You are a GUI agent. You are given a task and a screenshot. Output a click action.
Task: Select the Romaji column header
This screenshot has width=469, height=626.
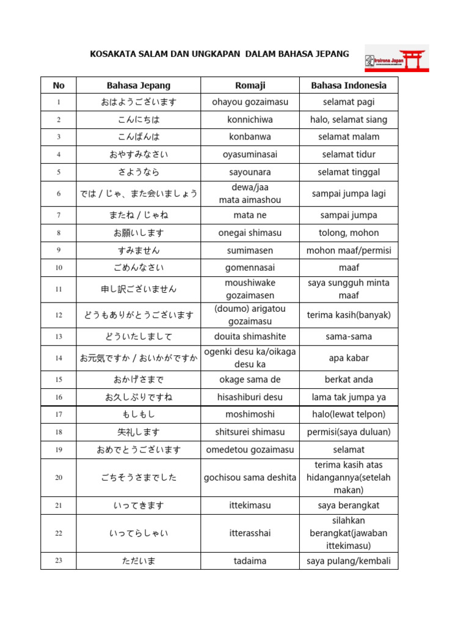point(250,85)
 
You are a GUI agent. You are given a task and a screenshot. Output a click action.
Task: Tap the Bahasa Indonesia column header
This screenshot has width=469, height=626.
point(349,85)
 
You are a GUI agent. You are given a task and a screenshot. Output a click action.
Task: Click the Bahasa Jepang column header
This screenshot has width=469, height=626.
point(139,85)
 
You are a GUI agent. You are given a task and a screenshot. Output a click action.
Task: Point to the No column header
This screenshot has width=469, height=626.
point(59,85)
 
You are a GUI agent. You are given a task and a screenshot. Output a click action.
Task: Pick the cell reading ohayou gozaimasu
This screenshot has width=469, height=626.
point(250,102)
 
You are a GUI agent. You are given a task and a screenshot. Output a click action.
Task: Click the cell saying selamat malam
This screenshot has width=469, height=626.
point(349,136)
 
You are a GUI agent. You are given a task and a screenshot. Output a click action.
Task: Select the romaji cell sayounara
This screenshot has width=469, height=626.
point(250,172)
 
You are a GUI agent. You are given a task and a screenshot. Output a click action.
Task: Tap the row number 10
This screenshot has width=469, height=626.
point(59,268)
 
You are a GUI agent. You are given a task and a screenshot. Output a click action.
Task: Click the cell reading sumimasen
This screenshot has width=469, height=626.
point(250,250)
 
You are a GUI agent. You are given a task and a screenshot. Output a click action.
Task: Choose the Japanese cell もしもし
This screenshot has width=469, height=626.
point(139,414)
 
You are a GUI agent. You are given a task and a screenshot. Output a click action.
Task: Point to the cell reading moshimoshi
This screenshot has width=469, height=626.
point(250,414)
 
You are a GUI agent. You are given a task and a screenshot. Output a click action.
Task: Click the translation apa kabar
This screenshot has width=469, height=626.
point(349,358)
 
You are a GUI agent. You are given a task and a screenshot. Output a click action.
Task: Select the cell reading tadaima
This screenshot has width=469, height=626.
point(250,561)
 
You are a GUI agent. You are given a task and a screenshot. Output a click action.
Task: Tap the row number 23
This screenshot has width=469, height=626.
point(59,561)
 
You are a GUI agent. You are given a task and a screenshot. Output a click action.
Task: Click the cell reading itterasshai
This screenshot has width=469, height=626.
point(250,533)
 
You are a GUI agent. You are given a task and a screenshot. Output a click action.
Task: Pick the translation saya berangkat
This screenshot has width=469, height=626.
point(349,506)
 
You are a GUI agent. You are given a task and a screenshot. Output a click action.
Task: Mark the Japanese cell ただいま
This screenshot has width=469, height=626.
point(139,561)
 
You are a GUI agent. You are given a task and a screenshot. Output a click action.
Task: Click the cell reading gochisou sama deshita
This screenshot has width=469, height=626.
point(250,477)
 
